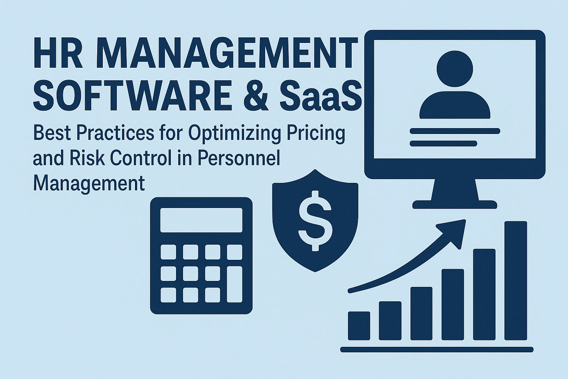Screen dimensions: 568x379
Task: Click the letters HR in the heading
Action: point(58,53)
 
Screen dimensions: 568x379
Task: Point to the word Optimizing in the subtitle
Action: point(234,134)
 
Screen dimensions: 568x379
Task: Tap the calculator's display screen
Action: point(201,220)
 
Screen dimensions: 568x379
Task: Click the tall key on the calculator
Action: point(234,284)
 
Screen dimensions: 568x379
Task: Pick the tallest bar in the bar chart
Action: point(516,281)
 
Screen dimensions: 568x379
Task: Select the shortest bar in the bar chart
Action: point(359,326)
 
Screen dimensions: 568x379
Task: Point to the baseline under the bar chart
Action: point(437,349)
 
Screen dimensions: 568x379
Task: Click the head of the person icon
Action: point(454,68)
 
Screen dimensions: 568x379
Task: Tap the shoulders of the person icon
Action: point(454,105)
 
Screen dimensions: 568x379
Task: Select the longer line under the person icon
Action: point(455,131)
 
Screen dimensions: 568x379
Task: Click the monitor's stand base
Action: point(454,204)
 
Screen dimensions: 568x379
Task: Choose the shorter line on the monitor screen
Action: point(443,144)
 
